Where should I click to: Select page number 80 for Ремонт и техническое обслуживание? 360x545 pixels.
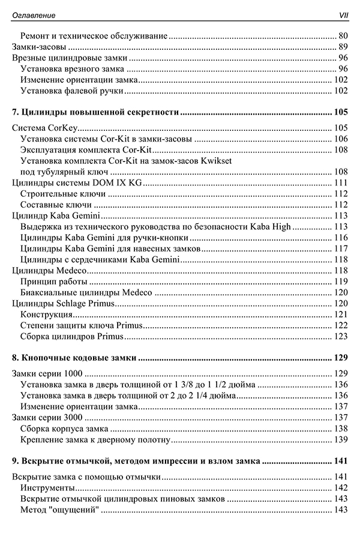[x=343, y=35]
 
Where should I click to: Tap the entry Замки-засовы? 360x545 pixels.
[x=39, y=47]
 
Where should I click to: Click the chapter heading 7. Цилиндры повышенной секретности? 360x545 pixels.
[x=96, y=112]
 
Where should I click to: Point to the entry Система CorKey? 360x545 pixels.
[x=46, y=128]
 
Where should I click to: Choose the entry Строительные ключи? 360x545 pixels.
[x=62, y=193]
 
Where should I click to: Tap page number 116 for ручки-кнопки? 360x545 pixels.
[x=340, y=238]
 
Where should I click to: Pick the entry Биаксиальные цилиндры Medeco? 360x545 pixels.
[x=85, y=292]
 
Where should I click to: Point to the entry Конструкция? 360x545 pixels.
[x=46, y=314]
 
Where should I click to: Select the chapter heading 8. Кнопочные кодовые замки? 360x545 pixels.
[x=74, y=358]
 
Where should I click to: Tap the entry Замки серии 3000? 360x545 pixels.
[x=47, y=417]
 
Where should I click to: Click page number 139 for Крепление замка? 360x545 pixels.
[x=340, y=439]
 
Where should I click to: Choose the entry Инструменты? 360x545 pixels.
[x=47, y=488]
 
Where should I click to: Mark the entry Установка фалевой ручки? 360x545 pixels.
[x=71, y=90]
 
